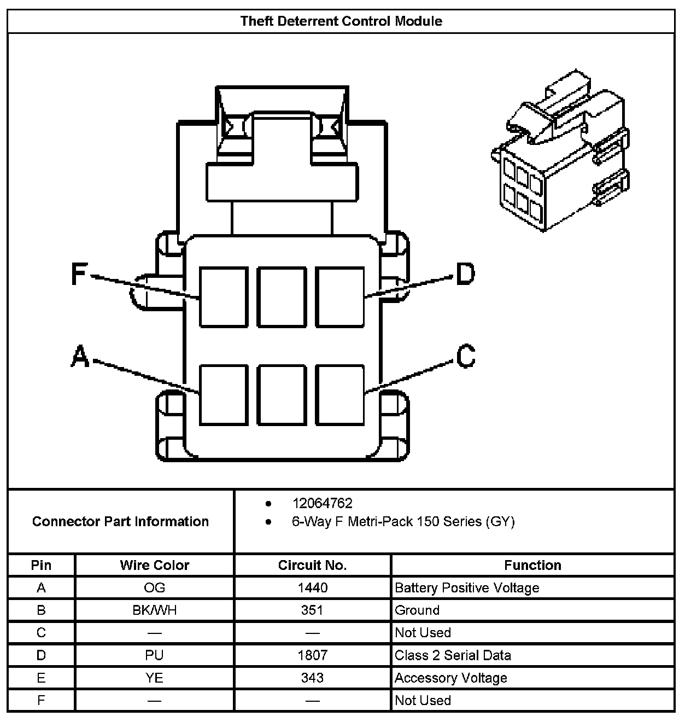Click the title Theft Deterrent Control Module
341,21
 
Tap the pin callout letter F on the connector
79,273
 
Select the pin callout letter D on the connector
465,273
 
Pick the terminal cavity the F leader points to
223,297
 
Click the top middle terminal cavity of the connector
281,297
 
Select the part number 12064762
322,503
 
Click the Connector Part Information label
120,521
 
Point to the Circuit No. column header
312,565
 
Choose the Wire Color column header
155,565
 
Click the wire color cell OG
155,588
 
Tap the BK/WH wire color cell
155,610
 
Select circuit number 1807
312,655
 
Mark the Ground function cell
417,610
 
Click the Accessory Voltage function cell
451,678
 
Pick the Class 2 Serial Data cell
453,655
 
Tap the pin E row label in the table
41,678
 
